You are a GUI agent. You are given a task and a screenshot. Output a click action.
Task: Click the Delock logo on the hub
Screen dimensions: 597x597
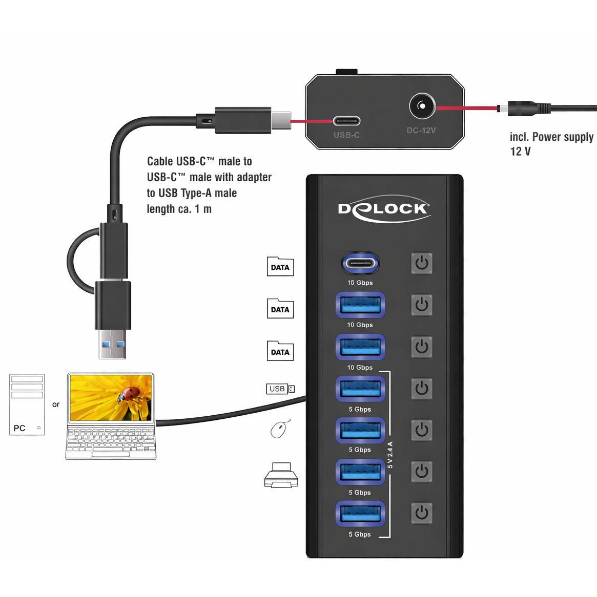coord(384,209)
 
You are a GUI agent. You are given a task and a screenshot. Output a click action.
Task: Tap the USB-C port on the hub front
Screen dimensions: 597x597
coord(360,263)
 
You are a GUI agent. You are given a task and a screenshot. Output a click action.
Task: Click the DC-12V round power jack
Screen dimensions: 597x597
coord(422,105)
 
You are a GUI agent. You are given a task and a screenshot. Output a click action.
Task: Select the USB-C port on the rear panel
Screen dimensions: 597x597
coord(347,121)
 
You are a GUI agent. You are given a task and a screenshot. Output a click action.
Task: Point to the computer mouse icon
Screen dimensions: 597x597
coord(280,429)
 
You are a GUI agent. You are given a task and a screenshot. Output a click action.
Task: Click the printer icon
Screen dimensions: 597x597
coord(281,475)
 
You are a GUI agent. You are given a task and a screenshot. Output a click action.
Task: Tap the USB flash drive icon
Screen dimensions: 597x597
coord(280,389)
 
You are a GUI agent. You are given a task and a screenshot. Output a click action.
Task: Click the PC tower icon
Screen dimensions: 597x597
coord(27,404)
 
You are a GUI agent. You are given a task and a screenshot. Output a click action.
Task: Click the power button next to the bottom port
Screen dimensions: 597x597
coord(422,513)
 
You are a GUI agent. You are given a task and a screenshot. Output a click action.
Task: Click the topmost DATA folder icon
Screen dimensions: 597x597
coord(280,267)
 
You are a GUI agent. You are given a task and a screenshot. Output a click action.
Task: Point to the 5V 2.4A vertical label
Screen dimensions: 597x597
coord(390,455)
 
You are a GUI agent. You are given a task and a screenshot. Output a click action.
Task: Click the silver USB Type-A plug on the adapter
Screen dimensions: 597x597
coord(112,344)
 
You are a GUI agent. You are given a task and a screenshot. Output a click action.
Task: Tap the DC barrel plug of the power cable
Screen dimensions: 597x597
coord(524,109)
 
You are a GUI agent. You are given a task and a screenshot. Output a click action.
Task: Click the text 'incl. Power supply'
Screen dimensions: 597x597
coord(552,137)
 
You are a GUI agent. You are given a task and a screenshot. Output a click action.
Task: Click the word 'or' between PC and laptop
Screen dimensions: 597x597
coord(56,404)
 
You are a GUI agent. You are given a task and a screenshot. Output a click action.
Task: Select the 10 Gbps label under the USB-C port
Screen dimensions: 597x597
coord(360,283)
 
